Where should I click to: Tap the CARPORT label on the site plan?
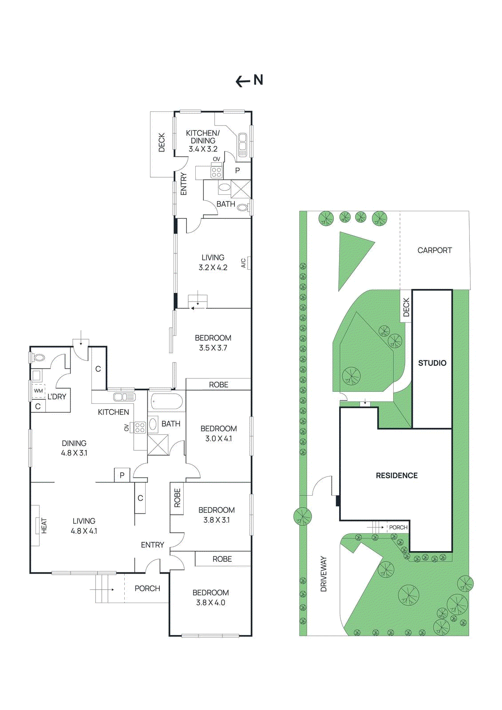tap(435, 250)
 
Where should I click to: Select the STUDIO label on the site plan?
tap(432, 363)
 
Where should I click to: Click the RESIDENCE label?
tap(396, 476)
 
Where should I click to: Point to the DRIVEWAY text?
tap(324, 574)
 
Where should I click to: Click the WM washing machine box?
tap(39, 391)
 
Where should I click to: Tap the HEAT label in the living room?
tap(44, 525)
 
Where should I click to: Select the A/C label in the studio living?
tap(243, 263)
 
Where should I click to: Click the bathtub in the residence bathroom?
tap(166, 402)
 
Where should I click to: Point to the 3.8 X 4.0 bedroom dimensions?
tap(210, 603)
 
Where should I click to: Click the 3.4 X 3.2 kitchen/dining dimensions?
tap(203, 149)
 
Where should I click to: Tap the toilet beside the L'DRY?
tap(39, 358)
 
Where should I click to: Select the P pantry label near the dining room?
tap(122, 475)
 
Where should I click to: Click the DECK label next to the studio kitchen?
tap(162, 142)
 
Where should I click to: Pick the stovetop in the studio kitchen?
tap(216, 172)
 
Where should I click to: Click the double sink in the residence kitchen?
tap(124, 397)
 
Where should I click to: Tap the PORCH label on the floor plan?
tap(147, 588)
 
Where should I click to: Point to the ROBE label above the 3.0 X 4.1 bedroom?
tap(218, 385)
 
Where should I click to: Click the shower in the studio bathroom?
tap(241, 189)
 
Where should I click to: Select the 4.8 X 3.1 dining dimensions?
tap(74, 453)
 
